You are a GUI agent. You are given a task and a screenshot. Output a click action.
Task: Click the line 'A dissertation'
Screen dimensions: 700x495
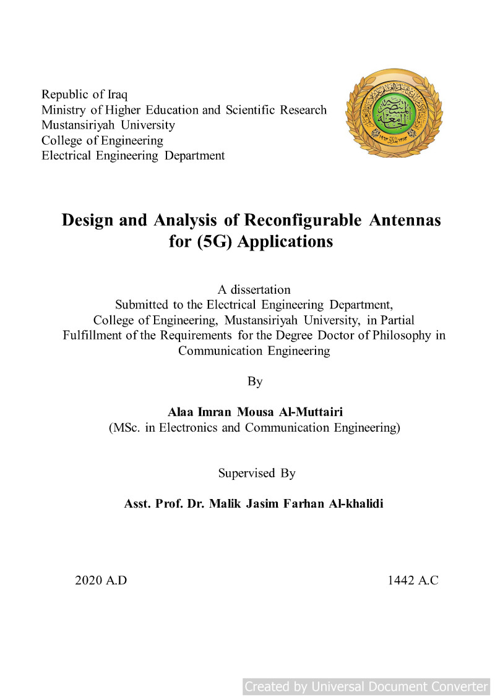coord(254,289)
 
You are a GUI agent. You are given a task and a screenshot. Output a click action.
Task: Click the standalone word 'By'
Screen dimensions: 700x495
coord(255,382)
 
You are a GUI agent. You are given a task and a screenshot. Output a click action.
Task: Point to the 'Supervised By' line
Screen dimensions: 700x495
coord(256,473)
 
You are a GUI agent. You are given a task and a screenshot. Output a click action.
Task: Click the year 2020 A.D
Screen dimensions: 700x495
coord(101,581)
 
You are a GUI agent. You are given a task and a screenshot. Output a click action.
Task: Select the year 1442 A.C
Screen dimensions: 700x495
coord(413,581)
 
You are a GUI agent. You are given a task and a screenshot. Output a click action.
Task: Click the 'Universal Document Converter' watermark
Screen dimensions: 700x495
coord(366,686)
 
